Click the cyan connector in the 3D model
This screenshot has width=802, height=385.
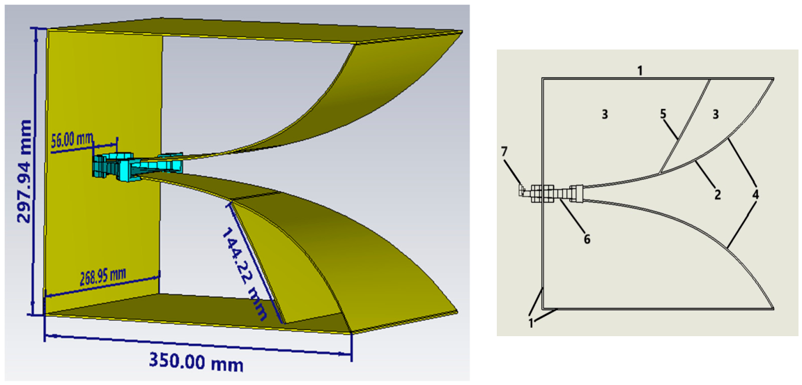[x=137, y=165]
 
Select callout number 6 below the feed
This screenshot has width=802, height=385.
[x=587, y=239]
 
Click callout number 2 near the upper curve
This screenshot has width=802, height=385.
[x=718, y=193]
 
